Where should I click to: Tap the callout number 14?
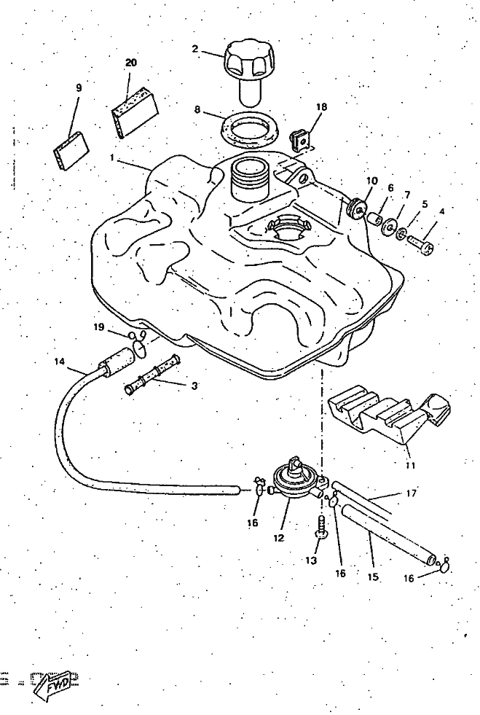[59, 361]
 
